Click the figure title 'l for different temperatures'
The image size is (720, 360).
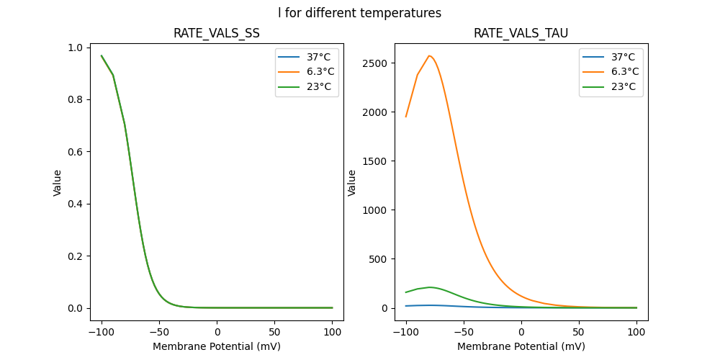coord(360,13)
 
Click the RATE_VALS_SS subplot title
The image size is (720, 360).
coord(217,33)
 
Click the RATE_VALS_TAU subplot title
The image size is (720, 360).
coord(521,33)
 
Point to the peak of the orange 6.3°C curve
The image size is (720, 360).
coord(429,55)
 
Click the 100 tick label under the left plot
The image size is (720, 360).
coord(332,332)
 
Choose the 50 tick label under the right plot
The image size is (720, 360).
coord(579,332)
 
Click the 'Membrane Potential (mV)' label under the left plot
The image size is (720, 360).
coord(217,346)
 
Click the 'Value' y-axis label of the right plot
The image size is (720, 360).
coord(353,183)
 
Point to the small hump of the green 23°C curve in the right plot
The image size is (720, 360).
coord(430,287)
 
